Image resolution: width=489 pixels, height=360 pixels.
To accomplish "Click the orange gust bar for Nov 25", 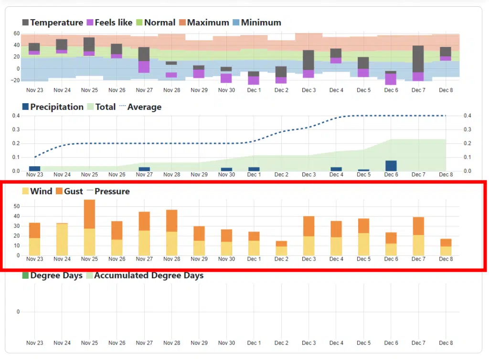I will (89, 214).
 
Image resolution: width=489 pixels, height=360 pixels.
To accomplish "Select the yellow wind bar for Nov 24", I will (62, 239).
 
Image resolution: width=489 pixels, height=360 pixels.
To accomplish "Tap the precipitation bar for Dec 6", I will (391, 166).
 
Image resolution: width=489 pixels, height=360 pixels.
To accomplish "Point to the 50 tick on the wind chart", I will (16, 206).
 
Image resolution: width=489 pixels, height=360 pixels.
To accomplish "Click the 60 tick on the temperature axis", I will (16, 33).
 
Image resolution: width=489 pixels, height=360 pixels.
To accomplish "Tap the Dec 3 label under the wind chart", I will (309, 259).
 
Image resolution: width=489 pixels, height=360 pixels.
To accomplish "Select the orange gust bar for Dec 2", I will (282, 244).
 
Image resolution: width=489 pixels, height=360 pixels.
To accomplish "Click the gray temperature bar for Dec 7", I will (418, 59).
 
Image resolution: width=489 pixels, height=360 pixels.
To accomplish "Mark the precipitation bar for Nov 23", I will (34, 169).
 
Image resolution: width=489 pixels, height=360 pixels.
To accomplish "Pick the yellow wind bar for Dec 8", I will (446, 251).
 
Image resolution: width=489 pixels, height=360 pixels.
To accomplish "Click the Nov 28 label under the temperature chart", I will (171, 90).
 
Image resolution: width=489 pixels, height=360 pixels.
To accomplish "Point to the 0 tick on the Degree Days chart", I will (19, 312).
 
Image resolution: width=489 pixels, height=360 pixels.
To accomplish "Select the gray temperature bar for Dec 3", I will (308, 60).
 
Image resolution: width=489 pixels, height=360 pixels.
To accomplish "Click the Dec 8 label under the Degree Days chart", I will (446, 343).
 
